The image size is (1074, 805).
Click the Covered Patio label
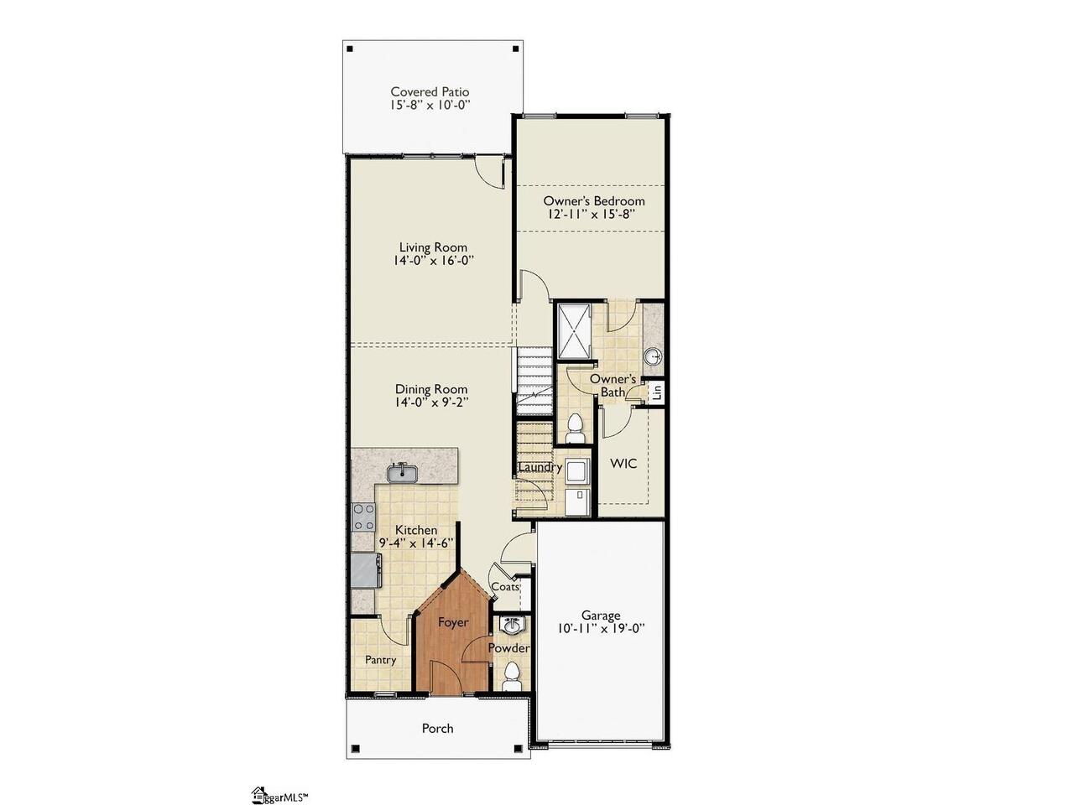pyautogui.click(x=430, y=92)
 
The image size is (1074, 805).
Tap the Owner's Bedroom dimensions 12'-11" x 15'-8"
pyautogui.click(x=593, y=215)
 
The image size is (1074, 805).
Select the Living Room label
pyautogui.click(x=433, y=247)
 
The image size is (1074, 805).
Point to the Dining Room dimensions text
pyautogui.click(x=431, y=402)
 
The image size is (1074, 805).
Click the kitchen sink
pyautogui.click(x=401, y=473)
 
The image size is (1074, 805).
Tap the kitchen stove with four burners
pyautogui.click(x=363, y=517)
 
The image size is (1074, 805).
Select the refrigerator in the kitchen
pyautogui.click(x=366, y=570)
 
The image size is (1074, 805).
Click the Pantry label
pyautogui.click(x=380, y=660)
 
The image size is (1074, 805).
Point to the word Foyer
pyautogui.click(x=452, y=622)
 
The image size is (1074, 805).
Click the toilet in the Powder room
pyautogui.click(x=512, y=677)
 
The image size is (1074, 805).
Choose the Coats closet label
pyautogui.click(x=505, y=586)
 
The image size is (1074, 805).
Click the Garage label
pyautogui.click(x=601, y=615)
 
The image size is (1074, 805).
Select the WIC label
pyautogui.click(x=624, y=464)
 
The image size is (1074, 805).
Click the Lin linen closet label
pyautogui.click(x=656, y=392)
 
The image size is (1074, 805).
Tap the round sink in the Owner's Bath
pyautogui.click(x=652, y=356)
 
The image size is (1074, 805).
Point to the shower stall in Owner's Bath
pyautogui.click(x=575, y=331)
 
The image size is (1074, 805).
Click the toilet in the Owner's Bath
pyautogui.click(x=575, y=428)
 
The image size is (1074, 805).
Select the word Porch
pyautogui.click(x=437, y=729)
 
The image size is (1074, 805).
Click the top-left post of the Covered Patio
pyautogui.click(x=350, y=49)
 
